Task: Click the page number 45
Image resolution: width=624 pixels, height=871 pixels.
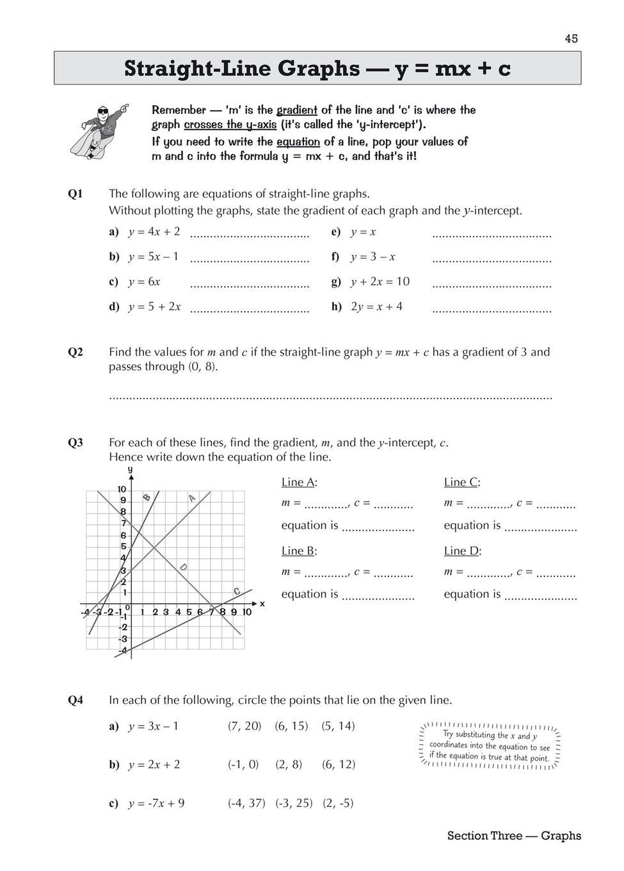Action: [x=571, y=39]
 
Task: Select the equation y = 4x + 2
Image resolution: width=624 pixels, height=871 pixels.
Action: [x=154, y=232]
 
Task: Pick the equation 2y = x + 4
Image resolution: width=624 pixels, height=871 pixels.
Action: [x=376, y=306]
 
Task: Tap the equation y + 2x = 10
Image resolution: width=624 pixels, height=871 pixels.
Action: [x=380, y=282]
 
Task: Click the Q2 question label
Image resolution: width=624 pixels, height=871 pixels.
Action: [x=76, y=352]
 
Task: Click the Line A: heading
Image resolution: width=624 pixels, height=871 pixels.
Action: [x=299, y=482]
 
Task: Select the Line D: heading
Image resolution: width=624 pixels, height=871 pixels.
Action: [x=462, y=551]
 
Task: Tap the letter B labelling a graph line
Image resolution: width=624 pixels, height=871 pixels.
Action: [x=147, y=497]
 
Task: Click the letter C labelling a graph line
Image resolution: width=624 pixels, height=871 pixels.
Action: [x=236, y=591]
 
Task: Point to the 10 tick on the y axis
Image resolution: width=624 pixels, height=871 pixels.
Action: [x=122, y=489]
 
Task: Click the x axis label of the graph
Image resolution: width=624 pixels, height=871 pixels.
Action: [x=262, y=603]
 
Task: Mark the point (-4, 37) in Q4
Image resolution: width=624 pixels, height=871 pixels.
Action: [x=246, y=803]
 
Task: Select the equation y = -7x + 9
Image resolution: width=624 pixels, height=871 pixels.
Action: [x=156, y=803]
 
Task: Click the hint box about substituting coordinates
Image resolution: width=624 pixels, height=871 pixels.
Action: [x=490, y=746]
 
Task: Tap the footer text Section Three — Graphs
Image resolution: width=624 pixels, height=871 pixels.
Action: [x=514, y=836]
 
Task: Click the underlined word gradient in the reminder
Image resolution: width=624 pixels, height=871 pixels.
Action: [x=296, y=110]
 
